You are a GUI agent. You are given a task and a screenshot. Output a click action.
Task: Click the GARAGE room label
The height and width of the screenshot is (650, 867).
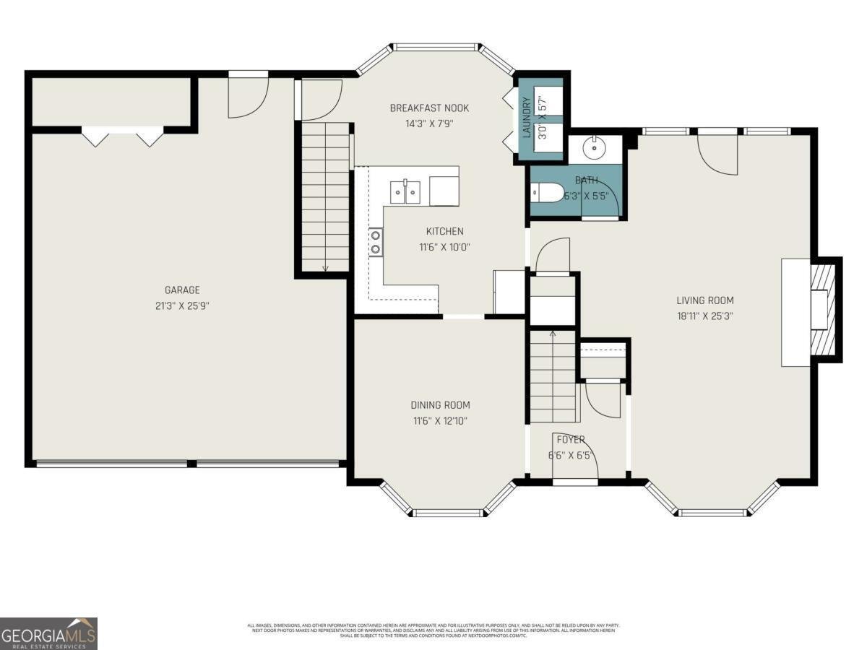coord(181,290)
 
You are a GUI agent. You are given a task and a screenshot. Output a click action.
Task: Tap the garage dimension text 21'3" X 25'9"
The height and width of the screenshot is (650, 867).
coord(181,305)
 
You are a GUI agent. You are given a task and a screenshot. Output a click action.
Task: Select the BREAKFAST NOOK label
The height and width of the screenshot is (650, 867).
coord(429,108)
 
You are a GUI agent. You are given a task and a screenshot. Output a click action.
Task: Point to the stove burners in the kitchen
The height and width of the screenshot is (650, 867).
coord(376,242)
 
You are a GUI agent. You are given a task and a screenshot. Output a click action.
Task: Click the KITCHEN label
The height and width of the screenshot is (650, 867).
coord(444,232)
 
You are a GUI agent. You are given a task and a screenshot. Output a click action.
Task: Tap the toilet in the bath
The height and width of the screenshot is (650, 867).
coord(546,193)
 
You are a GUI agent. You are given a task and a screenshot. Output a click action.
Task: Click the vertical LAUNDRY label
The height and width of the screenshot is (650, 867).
coord(527,118)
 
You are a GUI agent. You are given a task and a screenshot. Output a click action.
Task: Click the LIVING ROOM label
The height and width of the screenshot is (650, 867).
coord(704,300)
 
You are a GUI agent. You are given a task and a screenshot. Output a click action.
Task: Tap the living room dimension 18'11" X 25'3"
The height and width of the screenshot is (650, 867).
coord(704,316)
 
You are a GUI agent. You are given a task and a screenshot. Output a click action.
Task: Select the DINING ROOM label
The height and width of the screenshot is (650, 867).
coord(440,405)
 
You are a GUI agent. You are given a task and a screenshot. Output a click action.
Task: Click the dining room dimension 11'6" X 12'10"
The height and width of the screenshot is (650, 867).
coord(440,420)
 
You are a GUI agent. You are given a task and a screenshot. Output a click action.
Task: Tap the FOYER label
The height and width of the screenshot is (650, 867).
coord(571,439)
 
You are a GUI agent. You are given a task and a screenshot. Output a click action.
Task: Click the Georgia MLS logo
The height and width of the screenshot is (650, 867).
coord(48,633)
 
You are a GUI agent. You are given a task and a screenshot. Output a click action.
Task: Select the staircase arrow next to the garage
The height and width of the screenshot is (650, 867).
coord(325,267)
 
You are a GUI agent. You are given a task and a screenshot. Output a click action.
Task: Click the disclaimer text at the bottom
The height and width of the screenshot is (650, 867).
coord(433,630)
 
